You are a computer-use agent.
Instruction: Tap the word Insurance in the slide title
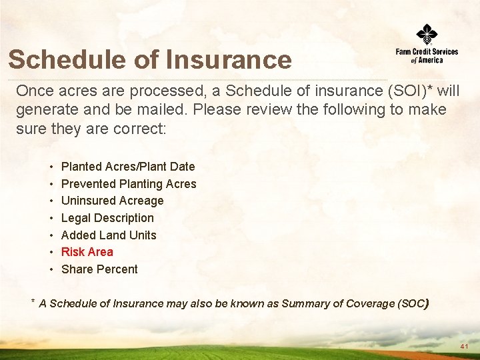click(x=229, y=59)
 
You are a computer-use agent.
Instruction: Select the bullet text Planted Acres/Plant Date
click(x=128, y=167)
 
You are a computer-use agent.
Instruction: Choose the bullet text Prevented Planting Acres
click(x=129, y=184)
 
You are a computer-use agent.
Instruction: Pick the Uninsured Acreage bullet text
click(x=112, y=201)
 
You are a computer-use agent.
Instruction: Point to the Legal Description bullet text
click(x=107, y=218)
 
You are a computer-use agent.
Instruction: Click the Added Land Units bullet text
click(x=109, y=235)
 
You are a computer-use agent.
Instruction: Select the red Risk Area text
click(x=87, y=252)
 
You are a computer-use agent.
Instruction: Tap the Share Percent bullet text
click(x=99, y=269)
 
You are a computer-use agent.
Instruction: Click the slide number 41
click(x=464, y=347)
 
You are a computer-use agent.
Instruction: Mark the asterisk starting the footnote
click(x=33, y=302)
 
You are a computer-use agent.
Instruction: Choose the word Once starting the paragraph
click(x=33, y=91)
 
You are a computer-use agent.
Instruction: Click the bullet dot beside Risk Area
click(x=51, y=252)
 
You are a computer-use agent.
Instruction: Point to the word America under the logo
click(x=431, y=60)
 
